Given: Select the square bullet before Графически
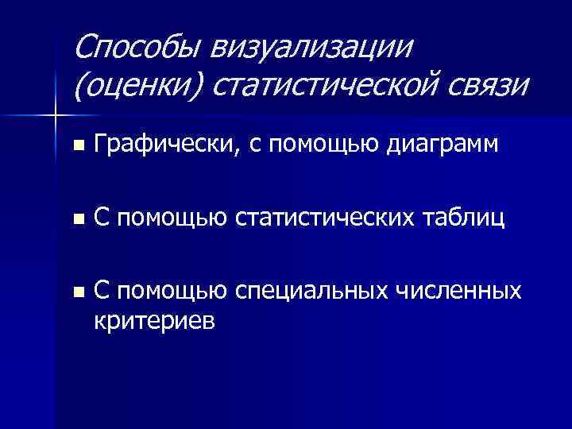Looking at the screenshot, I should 76,145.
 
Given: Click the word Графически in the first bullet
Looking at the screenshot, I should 156,144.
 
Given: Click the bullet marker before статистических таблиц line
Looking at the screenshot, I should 76,220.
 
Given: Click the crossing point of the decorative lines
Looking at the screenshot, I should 56,116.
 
